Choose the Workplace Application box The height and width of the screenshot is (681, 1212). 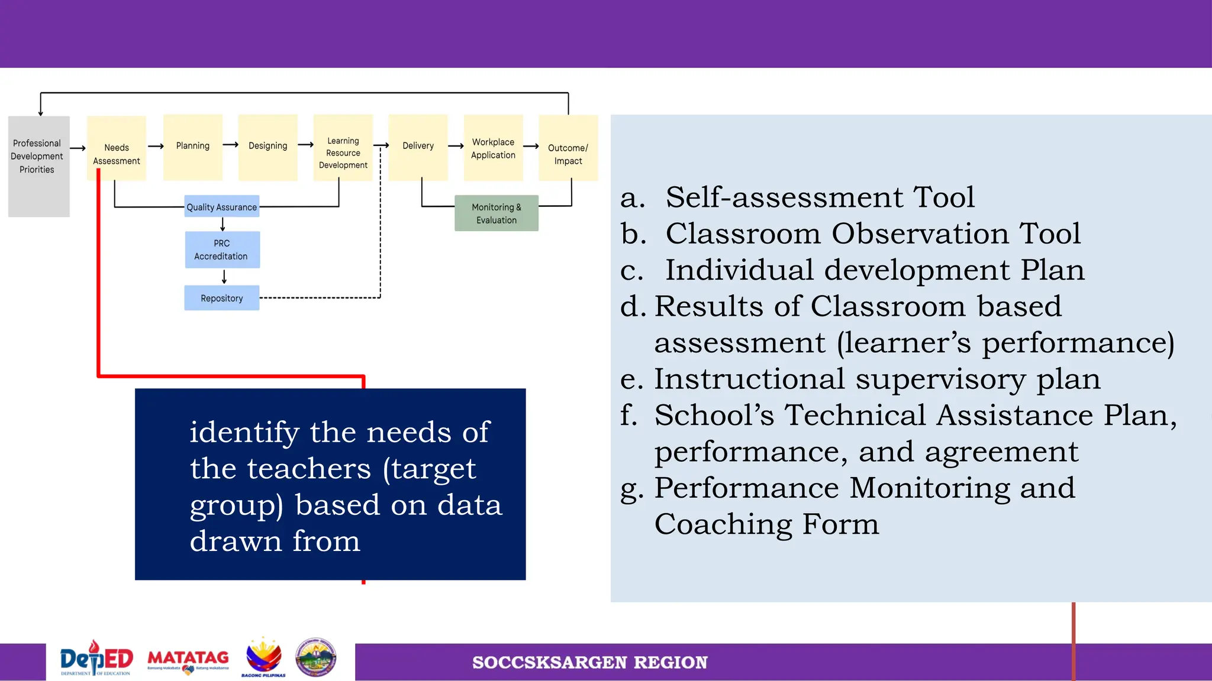point(493,148)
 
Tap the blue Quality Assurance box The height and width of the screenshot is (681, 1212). point(222,206)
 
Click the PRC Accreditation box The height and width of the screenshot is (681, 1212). point(222,249)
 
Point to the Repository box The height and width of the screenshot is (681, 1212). point(222,298)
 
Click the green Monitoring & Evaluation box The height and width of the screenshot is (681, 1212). point(496,213)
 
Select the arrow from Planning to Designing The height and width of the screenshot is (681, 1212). point(231,145)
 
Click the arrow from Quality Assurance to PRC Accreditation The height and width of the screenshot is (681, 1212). point(223,224)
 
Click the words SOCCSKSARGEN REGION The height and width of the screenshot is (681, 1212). point(589,663)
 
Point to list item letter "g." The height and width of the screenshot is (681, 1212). point(631,489)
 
